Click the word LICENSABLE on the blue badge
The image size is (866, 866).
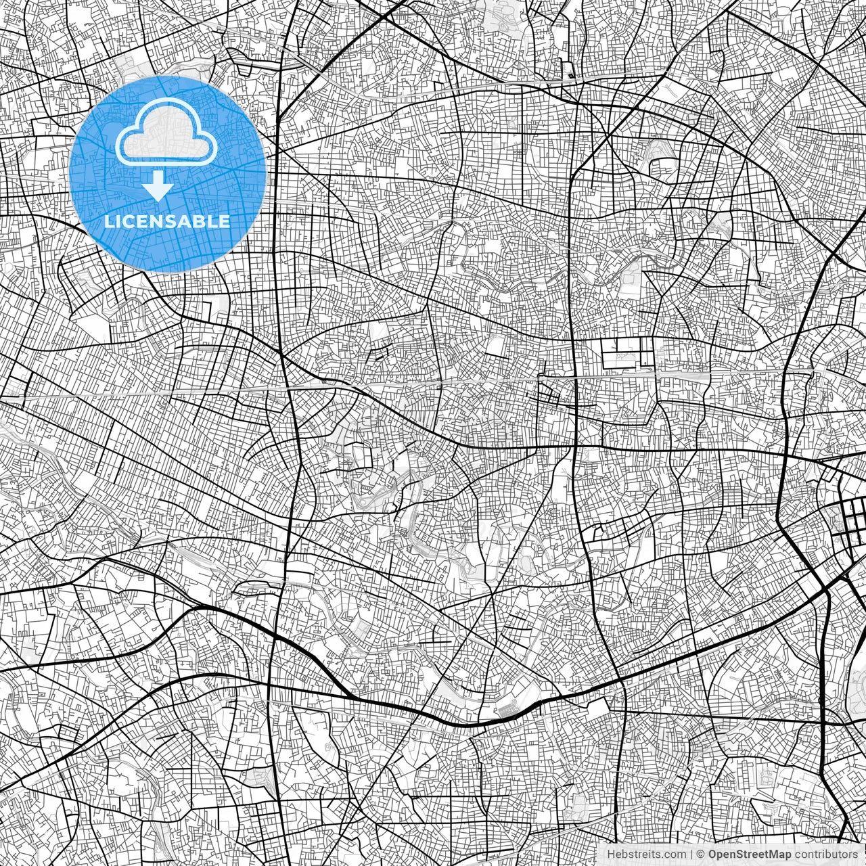click(x=167, y=221)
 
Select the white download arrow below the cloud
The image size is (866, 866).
click(x=158, y=185)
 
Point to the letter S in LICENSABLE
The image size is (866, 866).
click(x=175, y=221)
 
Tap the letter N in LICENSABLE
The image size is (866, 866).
click(x=161, y=221)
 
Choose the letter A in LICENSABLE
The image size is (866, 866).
click(x=188, y=221)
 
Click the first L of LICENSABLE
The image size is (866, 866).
click(x=111, y=221)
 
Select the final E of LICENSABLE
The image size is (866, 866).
click(x=225, y=221)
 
